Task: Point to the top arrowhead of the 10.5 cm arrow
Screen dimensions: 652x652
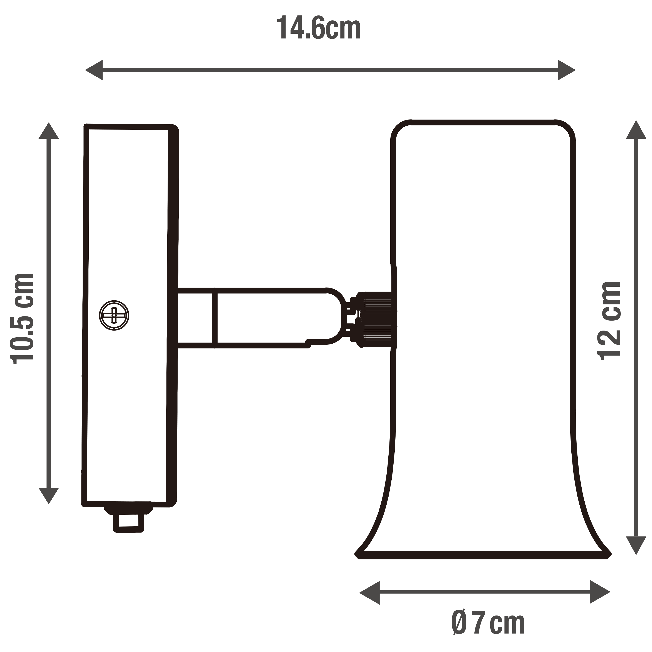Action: pyautogui.click(x=49, y=131)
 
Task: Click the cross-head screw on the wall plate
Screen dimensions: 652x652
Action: pyautogui.click(x=114, y=315)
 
